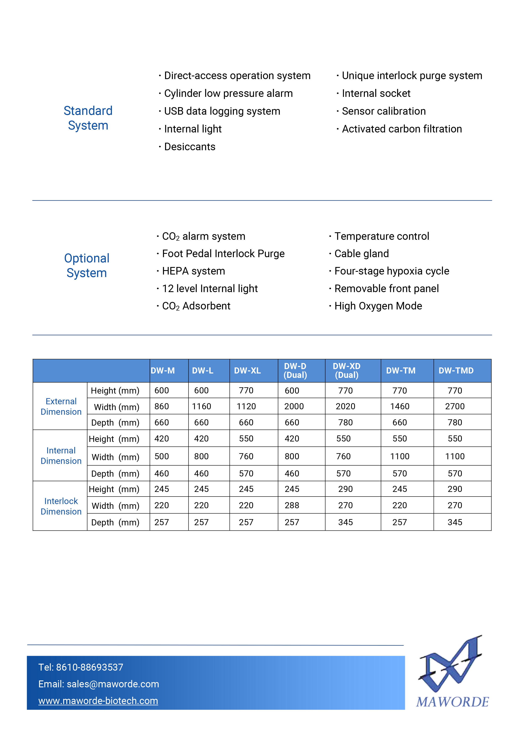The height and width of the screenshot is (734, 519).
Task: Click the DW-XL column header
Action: point(247,371)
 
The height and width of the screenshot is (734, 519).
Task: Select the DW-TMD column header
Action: point(456,371)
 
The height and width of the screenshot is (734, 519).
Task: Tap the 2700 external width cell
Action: point(455,406)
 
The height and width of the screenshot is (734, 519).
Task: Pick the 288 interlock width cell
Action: point(292,506)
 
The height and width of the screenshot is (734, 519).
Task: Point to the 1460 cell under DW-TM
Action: point(400,406)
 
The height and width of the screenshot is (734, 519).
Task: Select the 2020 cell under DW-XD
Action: point(345,406)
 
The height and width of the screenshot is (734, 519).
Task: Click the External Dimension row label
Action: point(61,406)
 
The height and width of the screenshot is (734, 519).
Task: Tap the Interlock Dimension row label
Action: point(61,506)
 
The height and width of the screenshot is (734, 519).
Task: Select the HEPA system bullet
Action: point(193,271)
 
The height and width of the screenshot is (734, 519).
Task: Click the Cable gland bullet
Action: point(361,254)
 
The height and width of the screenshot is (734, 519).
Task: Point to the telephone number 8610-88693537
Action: point(90,667)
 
